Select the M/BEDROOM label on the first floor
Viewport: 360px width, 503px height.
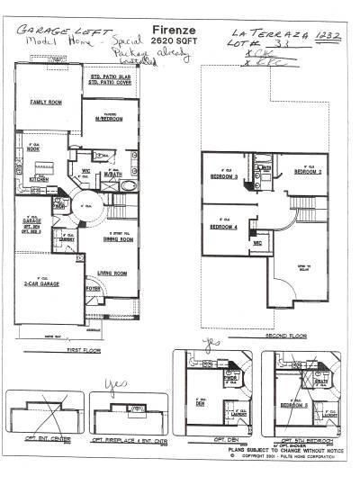point(112,121)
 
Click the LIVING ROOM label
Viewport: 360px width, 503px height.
point(112,273)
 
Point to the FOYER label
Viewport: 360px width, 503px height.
point(93,289)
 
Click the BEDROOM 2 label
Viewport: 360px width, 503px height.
point(307,171)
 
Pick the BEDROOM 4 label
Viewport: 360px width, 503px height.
point(224,227)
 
